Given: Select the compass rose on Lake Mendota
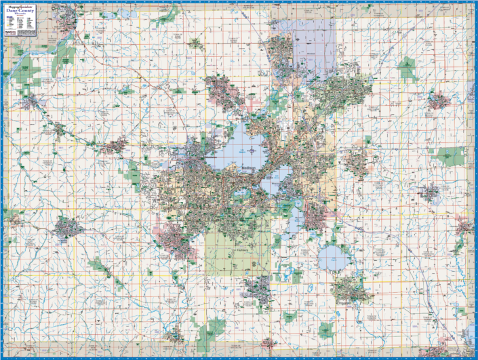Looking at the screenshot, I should click(x=252, y=151).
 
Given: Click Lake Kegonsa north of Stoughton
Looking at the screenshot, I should click(x=331, y=257).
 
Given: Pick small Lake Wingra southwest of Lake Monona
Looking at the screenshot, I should click(x=241, y=193).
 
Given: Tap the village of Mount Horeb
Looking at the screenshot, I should click(x=68, y=228).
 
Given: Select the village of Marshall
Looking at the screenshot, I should click(x=437, y=102).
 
